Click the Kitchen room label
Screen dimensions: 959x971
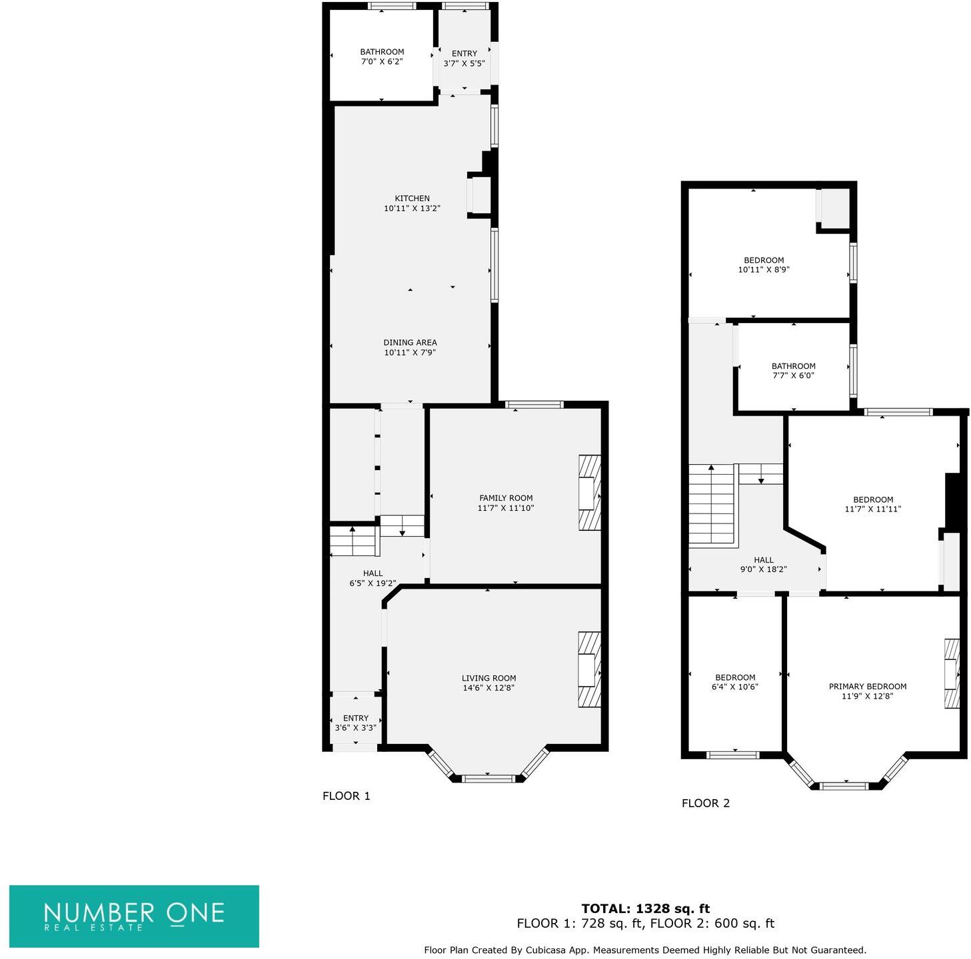coord(412,198)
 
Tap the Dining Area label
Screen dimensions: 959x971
coord(410,343)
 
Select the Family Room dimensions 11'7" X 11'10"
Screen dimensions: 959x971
coord(506,508)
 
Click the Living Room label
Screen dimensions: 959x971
coord(488,678)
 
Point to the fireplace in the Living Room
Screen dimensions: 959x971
coord(588,669)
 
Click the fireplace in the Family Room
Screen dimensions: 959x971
coord(588,493)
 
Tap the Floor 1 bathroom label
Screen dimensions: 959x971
coord(382,52)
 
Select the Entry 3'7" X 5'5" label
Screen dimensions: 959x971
coord(464,59)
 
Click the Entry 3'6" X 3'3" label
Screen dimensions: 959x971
coord(356,723)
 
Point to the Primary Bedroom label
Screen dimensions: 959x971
coord(867,687)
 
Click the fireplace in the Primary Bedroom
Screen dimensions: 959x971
coord(951,673)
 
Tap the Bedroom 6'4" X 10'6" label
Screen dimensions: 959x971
coord(735,682)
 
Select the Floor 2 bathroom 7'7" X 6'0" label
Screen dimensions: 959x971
coord(793,371)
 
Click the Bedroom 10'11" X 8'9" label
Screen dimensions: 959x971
coord(764,265)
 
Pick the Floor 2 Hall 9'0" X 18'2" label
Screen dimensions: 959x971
coord(764,565)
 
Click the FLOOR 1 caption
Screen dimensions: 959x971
coord(346,796)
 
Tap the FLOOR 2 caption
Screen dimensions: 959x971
coord(705,803)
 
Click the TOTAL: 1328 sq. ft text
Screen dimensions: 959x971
coord(645,908)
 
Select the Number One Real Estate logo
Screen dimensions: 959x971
coord(134,916)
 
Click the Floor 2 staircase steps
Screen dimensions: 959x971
coord(711,505)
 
